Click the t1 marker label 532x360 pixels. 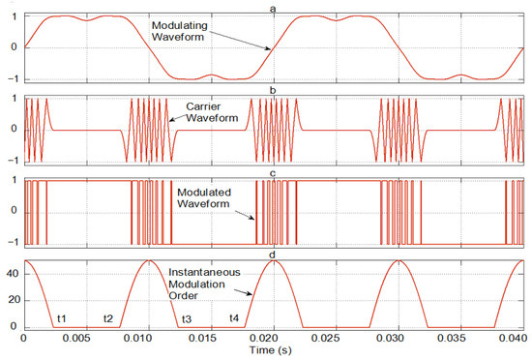60,319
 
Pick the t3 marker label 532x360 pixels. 186,319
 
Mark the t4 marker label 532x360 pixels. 233,319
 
